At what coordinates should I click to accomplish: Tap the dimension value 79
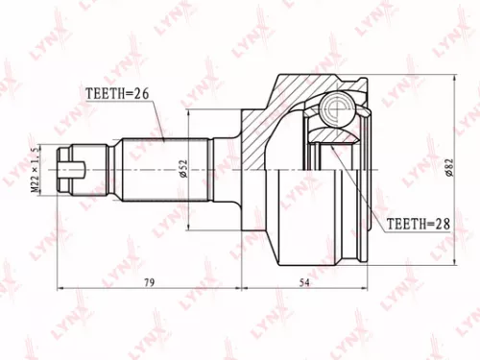point(149,279)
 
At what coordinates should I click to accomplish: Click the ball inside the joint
point(335,107)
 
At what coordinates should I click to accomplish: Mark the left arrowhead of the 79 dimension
point(61,287)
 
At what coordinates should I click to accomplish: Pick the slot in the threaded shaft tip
point(70,174)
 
